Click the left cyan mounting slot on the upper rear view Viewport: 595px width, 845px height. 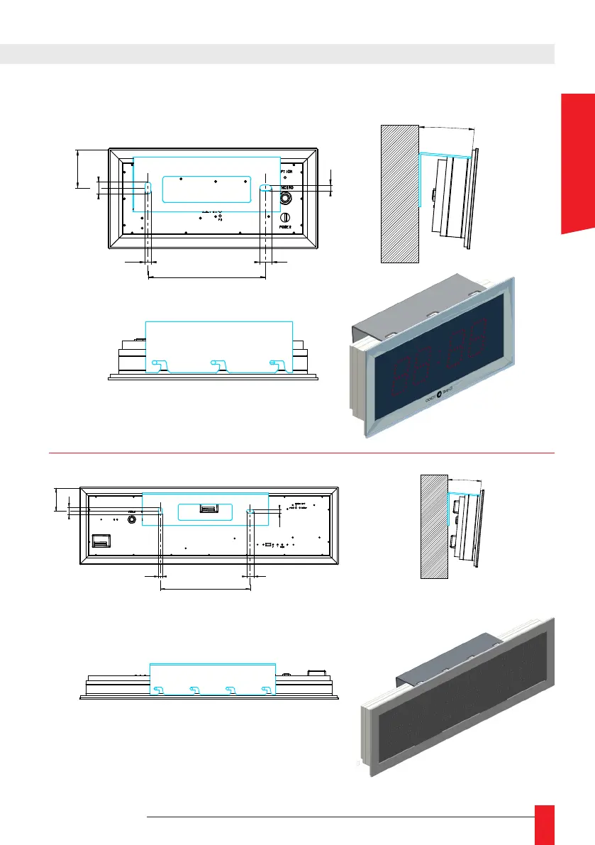[x=148, y=187]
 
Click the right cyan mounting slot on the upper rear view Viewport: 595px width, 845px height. [x=266, y=187]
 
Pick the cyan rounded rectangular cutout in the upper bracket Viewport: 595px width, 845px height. [x=206, y=189]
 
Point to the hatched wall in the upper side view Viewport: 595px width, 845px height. [x=399, y=194]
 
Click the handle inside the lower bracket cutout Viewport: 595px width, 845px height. [x=210, y=508]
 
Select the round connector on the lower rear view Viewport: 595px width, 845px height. [x=132, y=519]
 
